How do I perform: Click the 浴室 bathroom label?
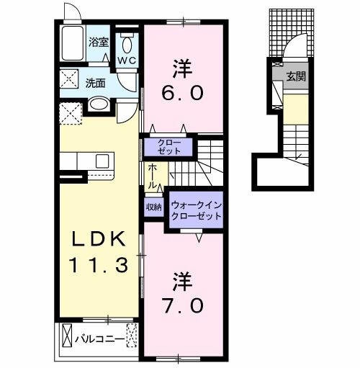[x=99, y=42]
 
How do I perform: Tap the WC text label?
[x=127, y=60]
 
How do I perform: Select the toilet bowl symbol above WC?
[x=127, y=40]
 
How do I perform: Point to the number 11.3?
[x=99, y=264]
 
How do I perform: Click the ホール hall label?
[x=153, y=175]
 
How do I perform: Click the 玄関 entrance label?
[x=295, y=75]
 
